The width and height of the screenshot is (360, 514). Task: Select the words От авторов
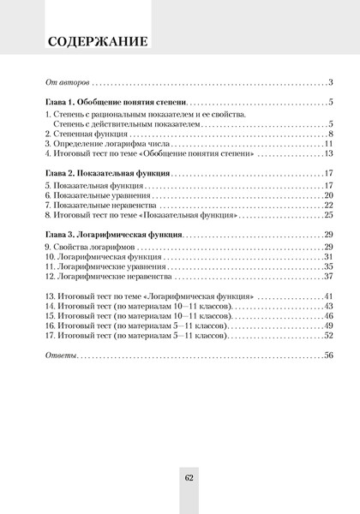pos(66,82)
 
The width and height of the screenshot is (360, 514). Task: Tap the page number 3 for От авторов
pos(330,82)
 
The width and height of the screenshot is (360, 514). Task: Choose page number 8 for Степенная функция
pos(330,134)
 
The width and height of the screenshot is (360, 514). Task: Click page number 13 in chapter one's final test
pos(327,155)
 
